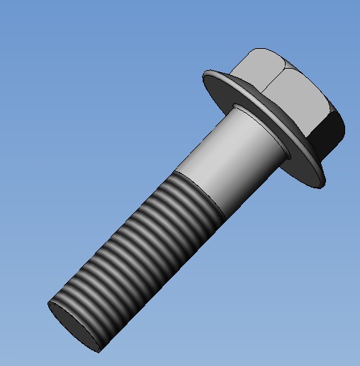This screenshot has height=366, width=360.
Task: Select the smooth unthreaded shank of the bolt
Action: click(220, 163)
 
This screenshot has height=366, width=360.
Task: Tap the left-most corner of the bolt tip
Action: click(49, 305)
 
